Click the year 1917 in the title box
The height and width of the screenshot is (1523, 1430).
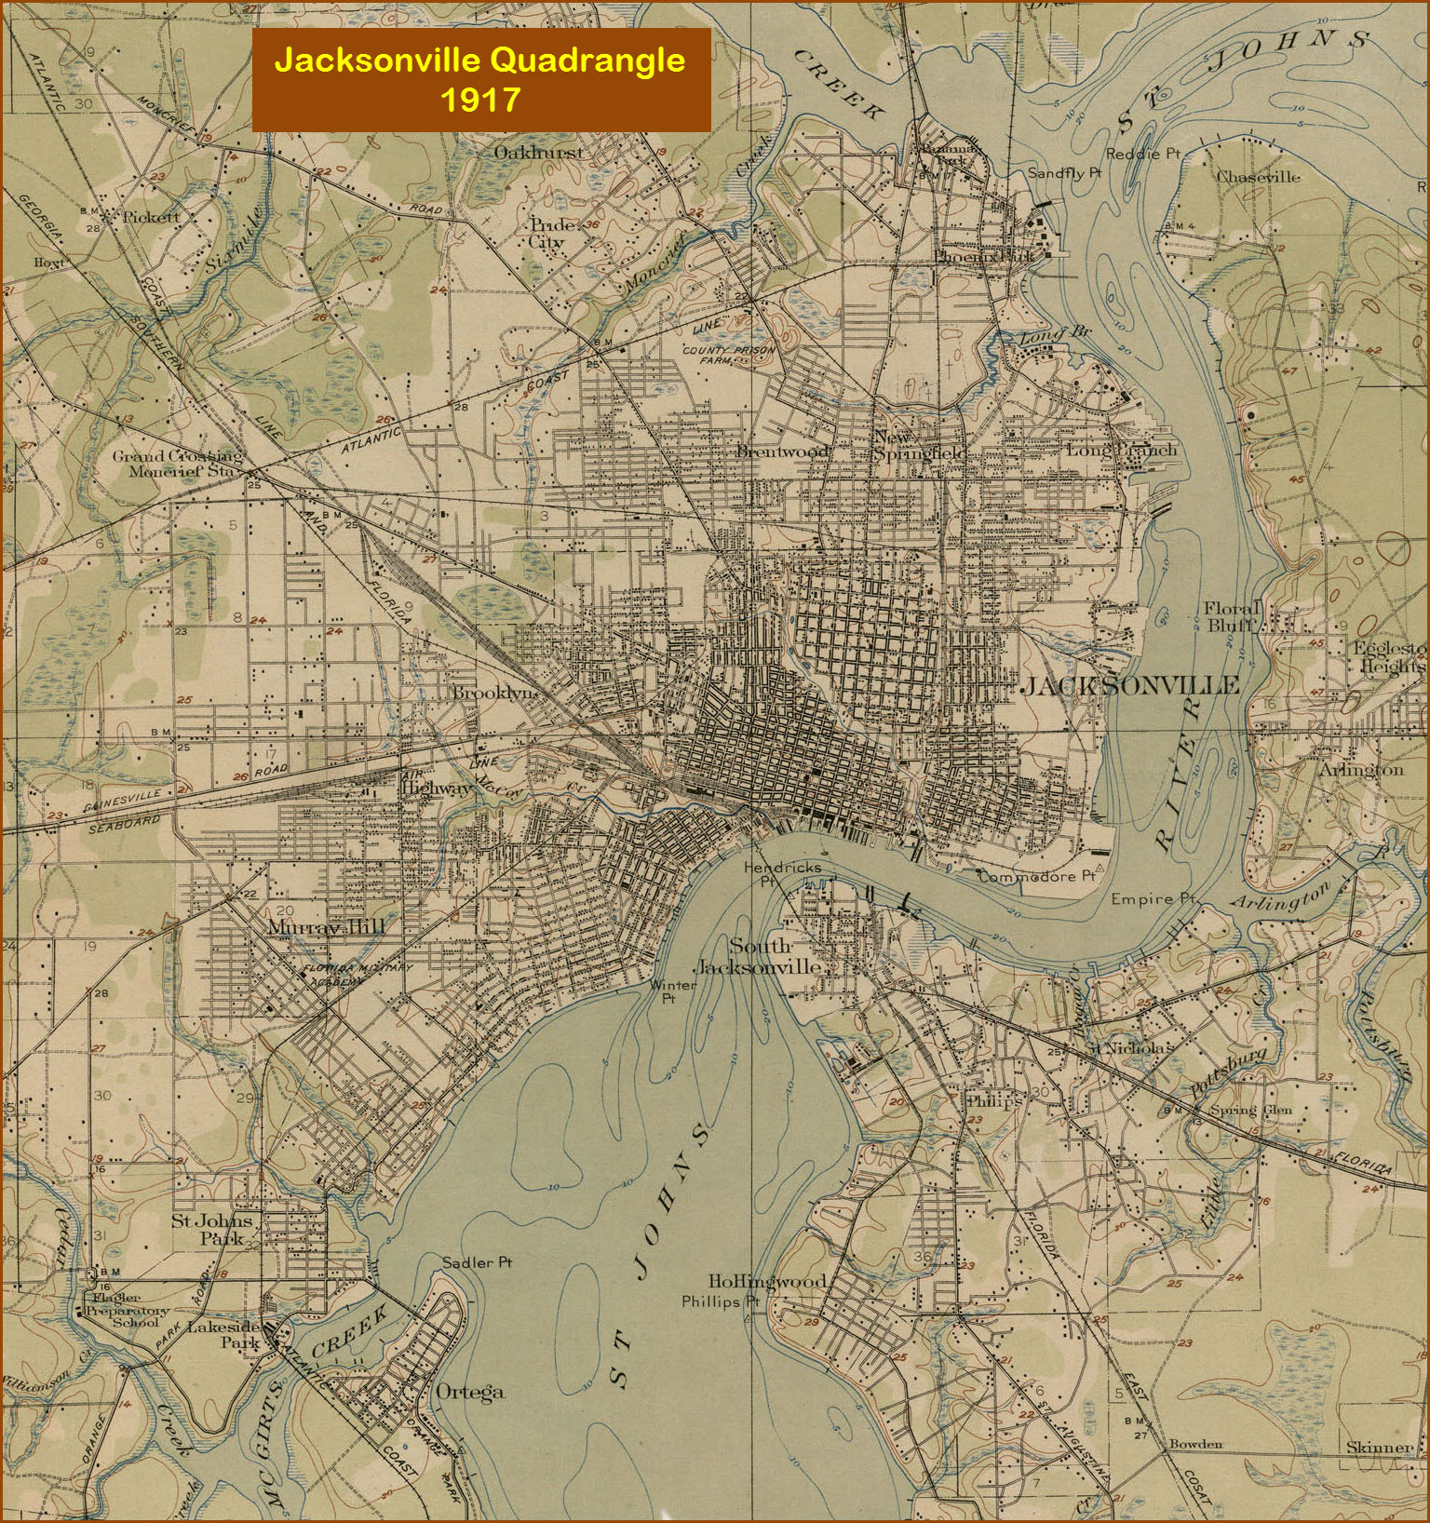point(479,99)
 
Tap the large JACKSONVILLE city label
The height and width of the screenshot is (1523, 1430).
point(1129,686)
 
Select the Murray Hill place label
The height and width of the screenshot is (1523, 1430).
point(326,927)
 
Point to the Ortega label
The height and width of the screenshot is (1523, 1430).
point(470,1393)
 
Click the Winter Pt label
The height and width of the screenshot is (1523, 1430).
point(672,991)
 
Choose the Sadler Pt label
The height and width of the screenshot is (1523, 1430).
point(477,1262)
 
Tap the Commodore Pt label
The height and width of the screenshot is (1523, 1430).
point(1036,876)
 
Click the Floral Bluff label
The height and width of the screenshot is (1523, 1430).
point(1230,616)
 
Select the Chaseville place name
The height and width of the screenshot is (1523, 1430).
point(1259,177)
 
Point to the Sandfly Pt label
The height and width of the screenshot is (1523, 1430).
point(1064,173)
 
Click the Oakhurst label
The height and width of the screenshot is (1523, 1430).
point(538,152)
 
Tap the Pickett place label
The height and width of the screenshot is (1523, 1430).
point(152,217)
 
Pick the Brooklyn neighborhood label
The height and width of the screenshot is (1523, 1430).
point(494,693)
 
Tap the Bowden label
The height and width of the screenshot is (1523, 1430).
point(1195,1444)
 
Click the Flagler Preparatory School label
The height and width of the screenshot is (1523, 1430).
point(128,1309)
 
